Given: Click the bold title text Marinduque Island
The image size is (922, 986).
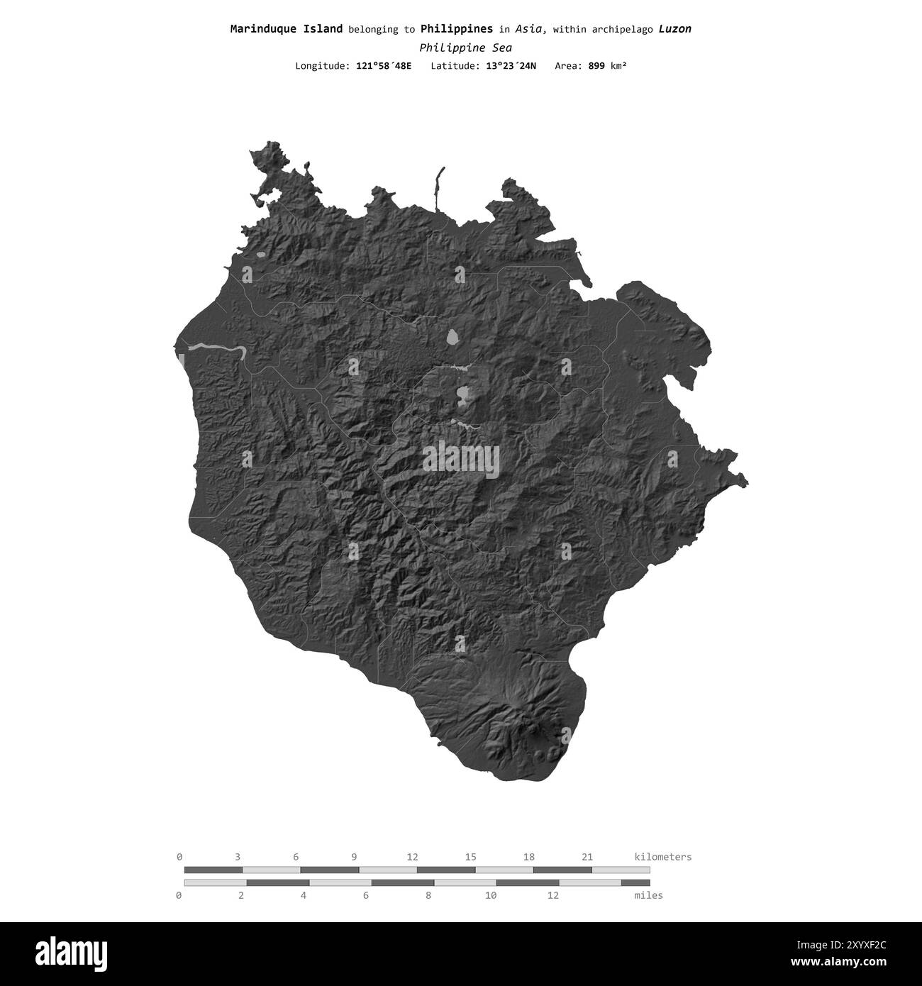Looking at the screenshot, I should [287, 29].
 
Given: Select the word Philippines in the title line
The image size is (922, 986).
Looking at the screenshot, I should [456, 29].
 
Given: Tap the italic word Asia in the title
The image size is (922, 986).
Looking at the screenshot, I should [531, 29].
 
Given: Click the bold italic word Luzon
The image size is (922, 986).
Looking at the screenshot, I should [674, 29].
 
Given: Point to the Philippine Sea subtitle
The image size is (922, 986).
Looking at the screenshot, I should [465, 48].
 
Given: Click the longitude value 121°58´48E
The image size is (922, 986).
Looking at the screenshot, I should [383, 66].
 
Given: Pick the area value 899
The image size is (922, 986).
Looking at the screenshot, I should [596, 66].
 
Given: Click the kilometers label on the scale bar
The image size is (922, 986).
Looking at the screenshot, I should [662, 857].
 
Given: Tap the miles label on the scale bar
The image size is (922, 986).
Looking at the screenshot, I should [648, 895].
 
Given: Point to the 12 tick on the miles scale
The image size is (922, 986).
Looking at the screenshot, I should [552, 895].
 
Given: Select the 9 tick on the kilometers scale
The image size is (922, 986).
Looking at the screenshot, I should [354, 857].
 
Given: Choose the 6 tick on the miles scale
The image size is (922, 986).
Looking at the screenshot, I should [366, 895].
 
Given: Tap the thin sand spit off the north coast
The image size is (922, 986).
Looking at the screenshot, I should [439, 187].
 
